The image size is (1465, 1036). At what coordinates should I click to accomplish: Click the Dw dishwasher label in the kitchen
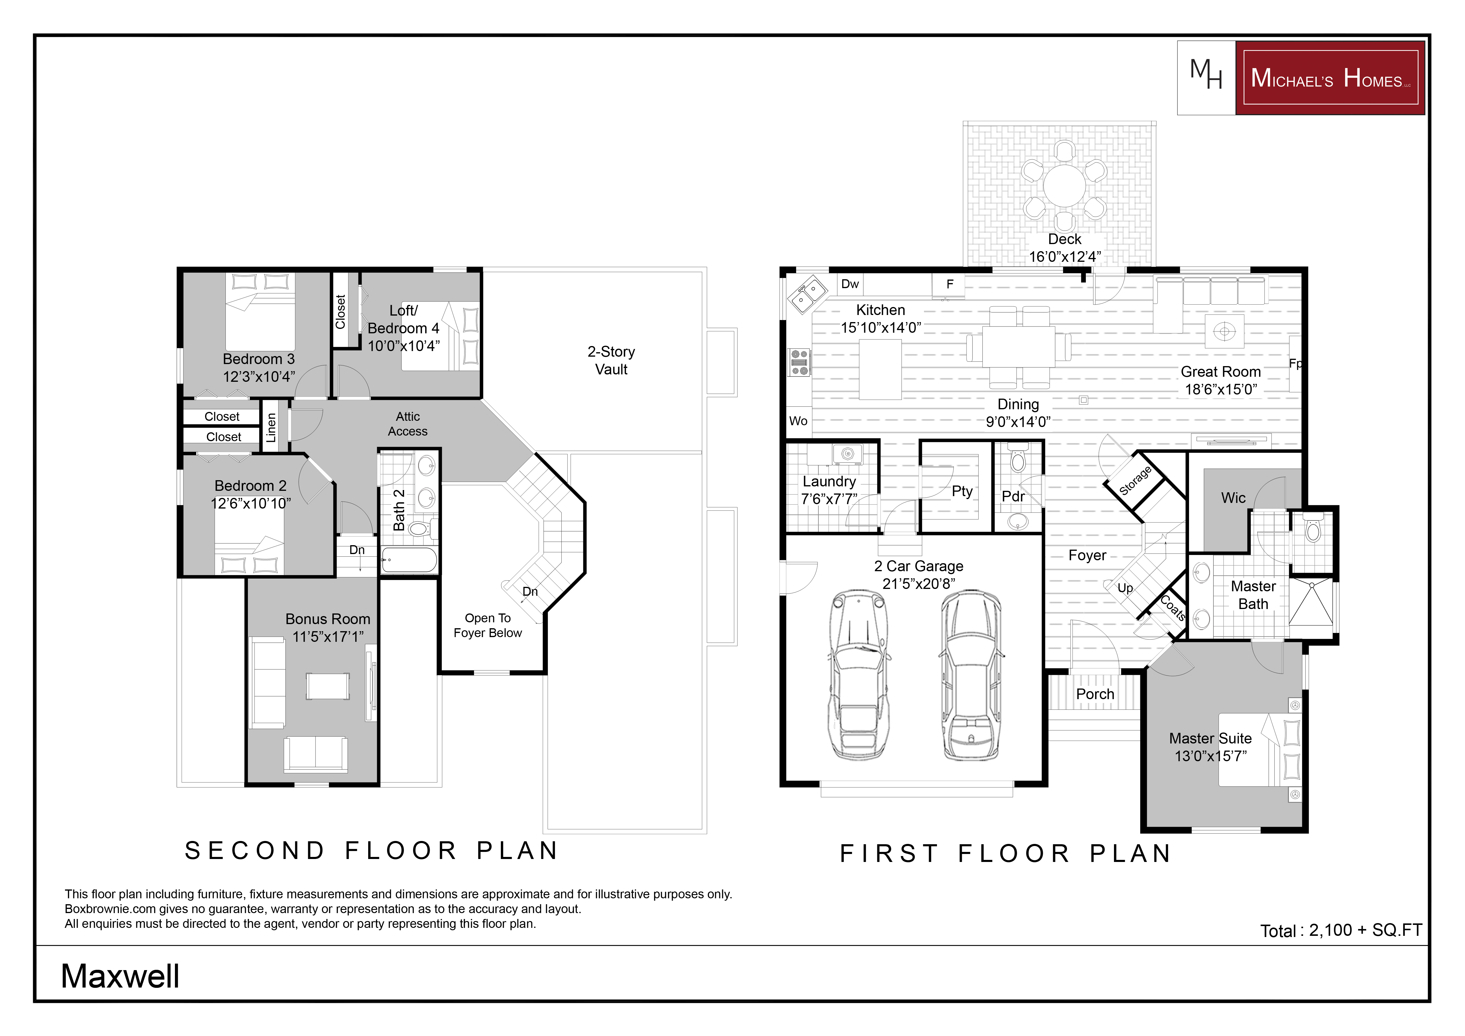[x=850, y=284]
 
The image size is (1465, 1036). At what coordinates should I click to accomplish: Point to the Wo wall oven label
[x=798, y=421]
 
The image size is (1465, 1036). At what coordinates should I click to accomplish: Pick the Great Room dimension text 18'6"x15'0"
[x=1221, y=389]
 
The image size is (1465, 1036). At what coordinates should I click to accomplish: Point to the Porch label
[x=1095, y=694]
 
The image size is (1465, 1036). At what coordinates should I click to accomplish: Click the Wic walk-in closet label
[x=1233, y=498]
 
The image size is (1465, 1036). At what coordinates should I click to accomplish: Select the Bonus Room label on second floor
[x=327, y=619]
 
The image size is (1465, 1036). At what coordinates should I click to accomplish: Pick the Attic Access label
[x=408, y=423]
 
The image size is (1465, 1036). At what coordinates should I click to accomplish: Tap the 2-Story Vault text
[x=611, y=361]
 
